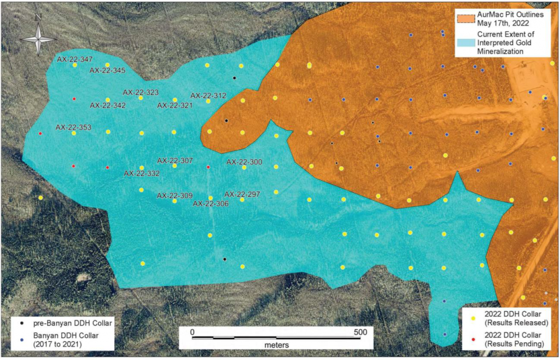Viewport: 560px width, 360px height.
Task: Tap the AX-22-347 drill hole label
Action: click(74, 59)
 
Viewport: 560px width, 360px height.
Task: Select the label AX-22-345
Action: click(107, 70)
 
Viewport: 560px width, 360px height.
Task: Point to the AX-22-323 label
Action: click(141, 92)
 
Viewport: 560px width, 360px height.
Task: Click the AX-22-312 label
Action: click(208, 96)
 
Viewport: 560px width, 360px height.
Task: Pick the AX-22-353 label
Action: click(73, 127)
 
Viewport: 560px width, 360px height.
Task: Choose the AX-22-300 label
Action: click(244, 162)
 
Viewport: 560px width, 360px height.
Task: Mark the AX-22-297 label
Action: click(242, 194)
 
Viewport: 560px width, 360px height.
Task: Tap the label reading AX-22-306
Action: click(211, 203)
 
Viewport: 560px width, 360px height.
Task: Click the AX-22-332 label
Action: click(141, 173)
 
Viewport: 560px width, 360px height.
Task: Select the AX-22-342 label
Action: click(107, 105)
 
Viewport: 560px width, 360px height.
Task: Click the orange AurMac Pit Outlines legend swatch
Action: click(464, 18)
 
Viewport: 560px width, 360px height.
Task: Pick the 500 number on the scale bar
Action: click(360, 332)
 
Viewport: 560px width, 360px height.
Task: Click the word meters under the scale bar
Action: click(276, 346)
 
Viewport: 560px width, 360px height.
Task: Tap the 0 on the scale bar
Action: click(192, 332)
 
